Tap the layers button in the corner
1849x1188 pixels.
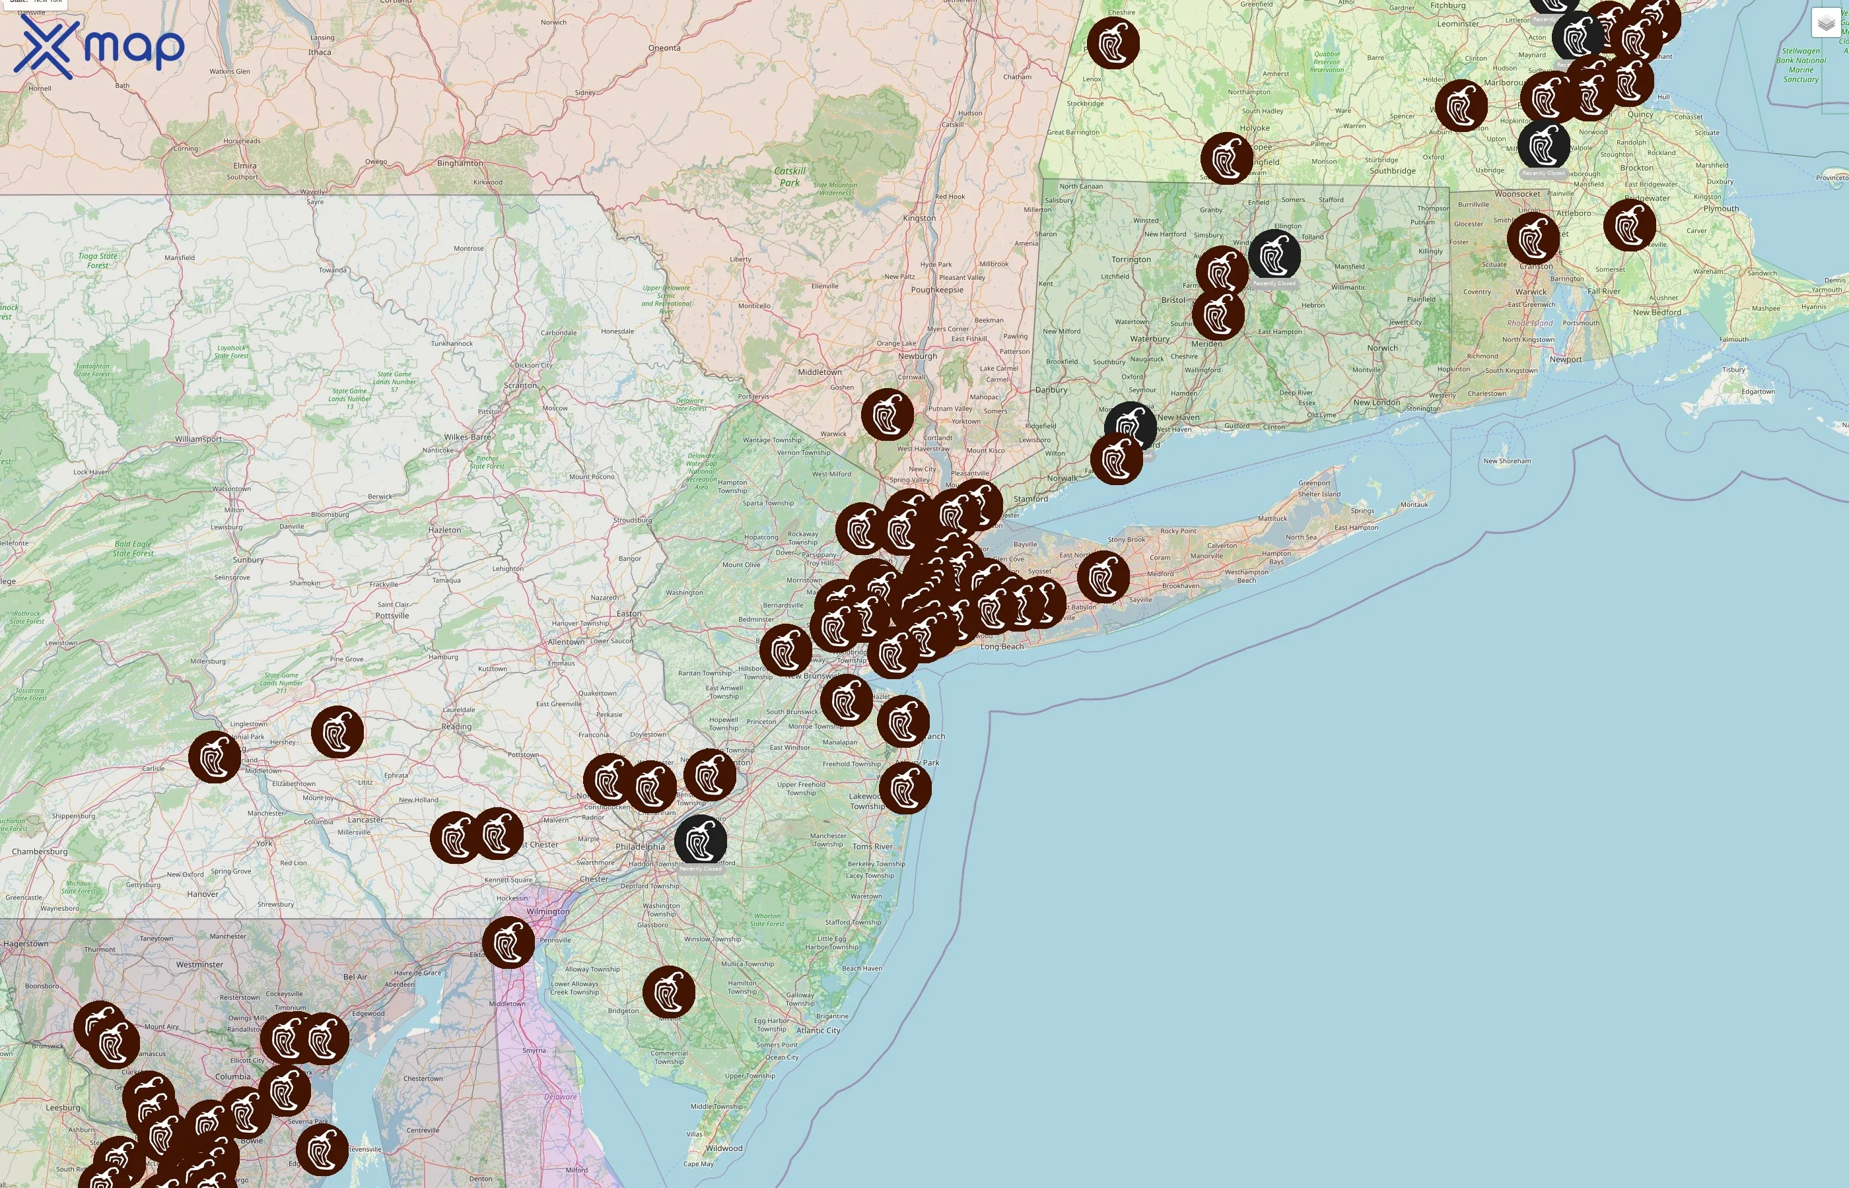pos(1825,23)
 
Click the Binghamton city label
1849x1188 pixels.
pos(460,163)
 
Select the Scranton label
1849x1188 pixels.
pos(520,385)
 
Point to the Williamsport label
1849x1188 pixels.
pos(197,439)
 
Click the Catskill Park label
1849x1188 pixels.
pos(789,177)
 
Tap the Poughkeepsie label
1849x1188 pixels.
pos(937,290)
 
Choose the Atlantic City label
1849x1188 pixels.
pos(818,1030)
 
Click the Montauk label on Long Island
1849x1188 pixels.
pos(1414,504)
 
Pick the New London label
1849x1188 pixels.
pos(1376,402)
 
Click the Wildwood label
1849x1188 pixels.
pos(724,1148)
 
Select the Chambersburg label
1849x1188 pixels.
pos(40,851)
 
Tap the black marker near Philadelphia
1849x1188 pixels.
pos(701,841)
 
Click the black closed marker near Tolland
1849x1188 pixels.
pos(1274,255)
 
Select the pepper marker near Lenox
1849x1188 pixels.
pos(1113,43)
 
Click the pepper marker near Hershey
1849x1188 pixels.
pos(337,731)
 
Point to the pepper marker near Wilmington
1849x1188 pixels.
pos(508,942)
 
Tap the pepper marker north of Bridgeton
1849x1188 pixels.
pos(668,992)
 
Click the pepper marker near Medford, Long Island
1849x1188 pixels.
pos(1103,577)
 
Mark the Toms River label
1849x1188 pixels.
pos(873,846)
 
